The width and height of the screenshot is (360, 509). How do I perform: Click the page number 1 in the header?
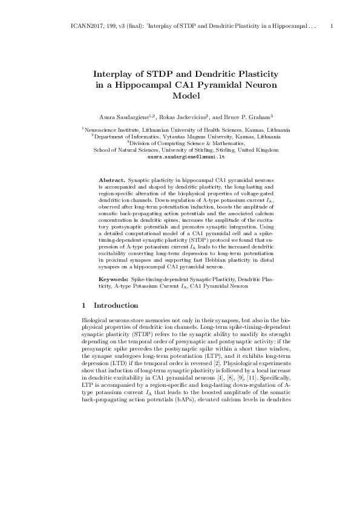(333, 27)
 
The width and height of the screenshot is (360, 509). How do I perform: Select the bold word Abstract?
(111, 181)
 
